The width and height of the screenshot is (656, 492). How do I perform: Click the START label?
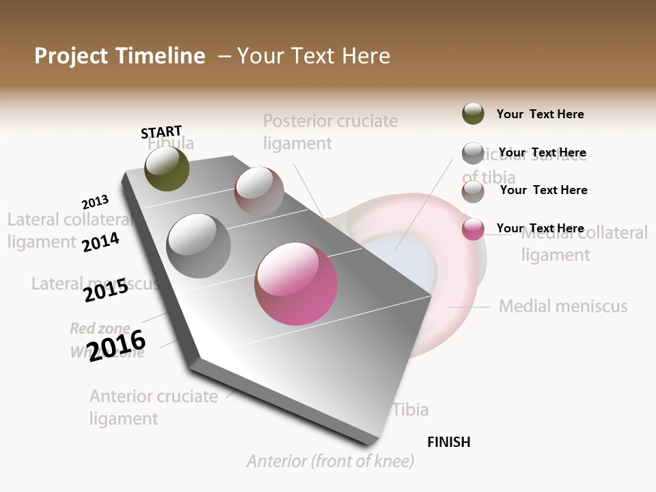click(161, 131)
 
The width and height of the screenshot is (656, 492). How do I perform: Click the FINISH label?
click(448, 442)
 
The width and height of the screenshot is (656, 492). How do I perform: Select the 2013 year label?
click(95, 202)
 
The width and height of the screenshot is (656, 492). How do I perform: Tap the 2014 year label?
click(100, 242)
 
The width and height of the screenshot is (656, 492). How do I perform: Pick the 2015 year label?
click(106, 290)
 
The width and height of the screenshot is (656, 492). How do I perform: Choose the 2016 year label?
click(117, 345)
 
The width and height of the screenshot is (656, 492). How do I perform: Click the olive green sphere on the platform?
click(167, 169)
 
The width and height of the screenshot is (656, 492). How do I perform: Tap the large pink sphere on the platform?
click(296, 283)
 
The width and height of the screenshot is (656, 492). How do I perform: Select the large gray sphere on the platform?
click(198, 245)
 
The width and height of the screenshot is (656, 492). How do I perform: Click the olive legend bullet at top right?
click(473, 113)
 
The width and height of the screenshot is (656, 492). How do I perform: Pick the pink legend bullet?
click(473, 229)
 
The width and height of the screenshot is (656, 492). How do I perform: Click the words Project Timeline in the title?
click(120, 56)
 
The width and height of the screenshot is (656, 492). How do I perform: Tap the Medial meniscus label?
click(563, 306)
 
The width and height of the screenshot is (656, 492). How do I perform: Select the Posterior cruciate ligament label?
click(330, 132)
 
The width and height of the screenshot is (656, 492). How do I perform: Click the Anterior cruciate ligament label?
click(154, 407)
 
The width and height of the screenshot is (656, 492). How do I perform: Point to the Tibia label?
click(411, 409)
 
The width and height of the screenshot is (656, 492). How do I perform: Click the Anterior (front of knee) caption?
click(331, 461)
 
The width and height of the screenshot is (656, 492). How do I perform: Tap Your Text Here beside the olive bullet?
click(540, 114)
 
